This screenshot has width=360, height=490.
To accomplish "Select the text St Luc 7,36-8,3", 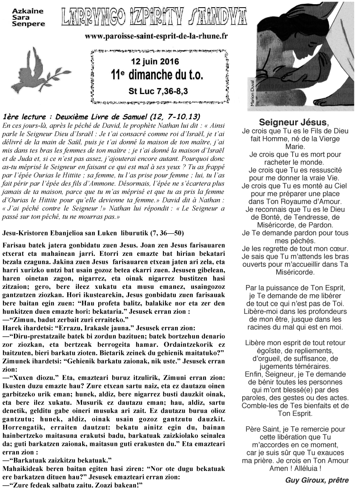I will [155, 91].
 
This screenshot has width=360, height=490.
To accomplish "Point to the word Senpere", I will [28, 24].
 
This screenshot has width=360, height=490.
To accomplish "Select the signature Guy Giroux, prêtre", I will [317, 480].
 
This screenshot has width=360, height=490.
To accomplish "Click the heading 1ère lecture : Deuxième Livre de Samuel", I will [101, 116].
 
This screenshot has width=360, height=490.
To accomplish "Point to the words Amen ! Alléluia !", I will [295, 468].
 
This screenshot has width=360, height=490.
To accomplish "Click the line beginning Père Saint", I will [295, 429].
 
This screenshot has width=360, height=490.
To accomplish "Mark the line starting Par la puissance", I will [295, 288].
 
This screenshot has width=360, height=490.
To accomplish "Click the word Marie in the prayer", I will [295, 146].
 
